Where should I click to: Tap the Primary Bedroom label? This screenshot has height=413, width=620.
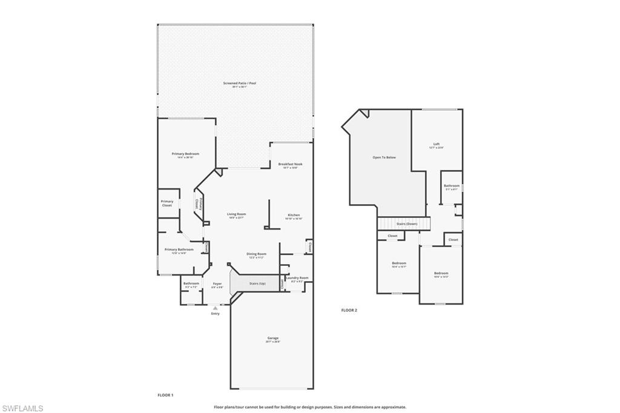coord(185,154)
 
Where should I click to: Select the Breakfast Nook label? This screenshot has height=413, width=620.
coord(290,164)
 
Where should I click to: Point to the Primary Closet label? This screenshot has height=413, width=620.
coord(167,203)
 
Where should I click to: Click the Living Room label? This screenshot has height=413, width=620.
coord(236,214)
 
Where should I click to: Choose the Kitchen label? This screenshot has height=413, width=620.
coord(294,215)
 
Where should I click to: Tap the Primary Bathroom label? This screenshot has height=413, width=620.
coord(179,249)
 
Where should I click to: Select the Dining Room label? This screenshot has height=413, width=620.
coord(256,254)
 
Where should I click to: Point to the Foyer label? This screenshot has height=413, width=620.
coord(217,283)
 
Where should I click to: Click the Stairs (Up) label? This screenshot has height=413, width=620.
coord(257,283)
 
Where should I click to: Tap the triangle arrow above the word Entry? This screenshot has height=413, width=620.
coord(215,308)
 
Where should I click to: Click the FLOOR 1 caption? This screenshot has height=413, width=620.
coord(165,395)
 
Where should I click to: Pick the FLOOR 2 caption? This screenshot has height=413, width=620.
coord(349,310)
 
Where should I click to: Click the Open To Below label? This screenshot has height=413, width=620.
coord(384,157)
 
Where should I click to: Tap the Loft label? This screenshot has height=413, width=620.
coord(436,144)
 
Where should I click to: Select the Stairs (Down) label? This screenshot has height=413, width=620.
coord(403,224)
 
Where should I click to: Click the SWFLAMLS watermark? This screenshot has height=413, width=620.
coord(22,408)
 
